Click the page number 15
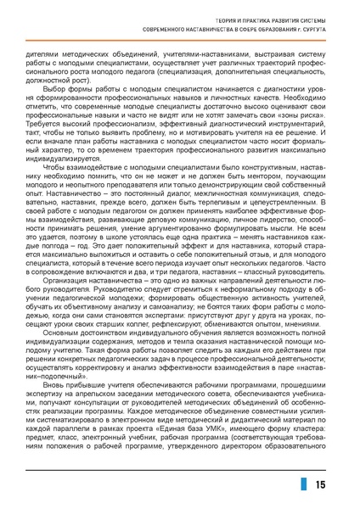pyautogui.click(x=320, y=484)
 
